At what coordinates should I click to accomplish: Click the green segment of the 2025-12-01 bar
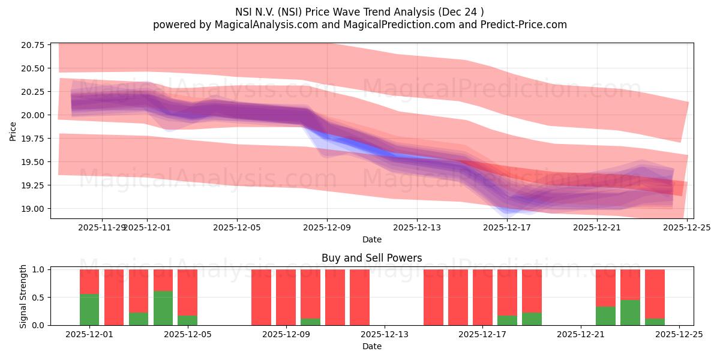click(89, 310)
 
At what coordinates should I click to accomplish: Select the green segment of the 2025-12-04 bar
click(163, 308)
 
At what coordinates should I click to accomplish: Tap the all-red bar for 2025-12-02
click(114, 297)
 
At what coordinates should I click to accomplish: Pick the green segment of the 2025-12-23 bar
click(630, 313)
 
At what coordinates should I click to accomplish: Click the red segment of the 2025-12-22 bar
click(605, 288)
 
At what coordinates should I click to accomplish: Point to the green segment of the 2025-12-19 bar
click(532, 319)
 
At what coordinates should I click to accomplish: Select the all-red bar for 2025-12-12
click(359, 297)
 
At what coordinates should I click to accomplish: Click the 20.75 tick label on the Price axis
click(31, 45)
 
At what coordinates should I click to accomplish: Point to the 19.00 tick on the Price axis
click(31, 209)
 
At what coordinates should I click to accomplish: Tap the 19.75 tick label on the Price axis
click(31, 139)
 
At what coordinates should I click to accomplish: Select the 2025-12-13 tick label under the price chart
click(417, 227)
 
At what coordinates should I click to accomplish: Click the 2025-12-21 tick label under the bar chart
click(581, 334)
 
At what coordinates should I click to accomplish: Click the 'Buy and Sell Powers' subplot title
click(371, 258)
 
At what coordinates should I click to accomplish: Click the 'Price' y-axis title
click(13, 130)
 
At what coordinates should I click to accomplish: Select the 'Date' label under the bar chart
click(371, 346)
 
